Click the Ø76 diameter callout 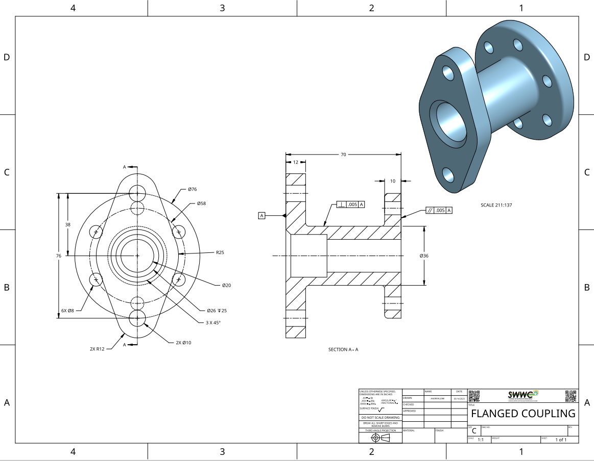192,189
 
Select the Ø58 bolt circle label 201,203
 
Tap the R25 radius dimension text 220,252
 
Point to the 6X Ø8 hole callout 67,311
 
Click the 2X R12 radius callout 97,349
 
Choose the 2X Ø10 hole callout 183,343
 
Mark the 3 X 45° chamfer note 213,322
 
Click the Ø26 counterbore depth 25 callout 217,311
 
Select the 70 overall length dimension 343,153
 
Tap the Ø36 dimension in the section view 423,255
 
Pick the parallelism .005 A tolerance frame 439,210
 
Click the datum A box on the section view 262,216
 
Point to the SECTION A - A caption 343,350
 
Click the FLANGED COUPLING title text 523,413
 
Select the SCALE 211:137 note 496,205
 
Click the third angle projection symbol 380,438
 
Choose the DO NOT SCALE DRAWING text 381,418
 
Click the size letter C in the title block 474,431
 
